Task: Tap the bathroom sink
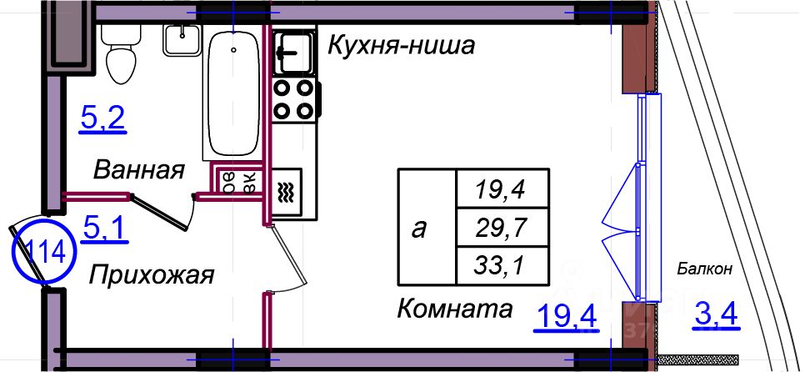click(x=180, y=39)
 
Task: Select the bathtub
click(x=233, y=92)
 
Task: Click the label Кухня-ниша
click(x=401, y=44)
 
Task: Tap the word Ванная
click(x=138, y=171)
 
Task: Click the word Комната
click(x=454, y=309)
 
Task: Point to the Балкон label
click(x=704, y=269)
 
